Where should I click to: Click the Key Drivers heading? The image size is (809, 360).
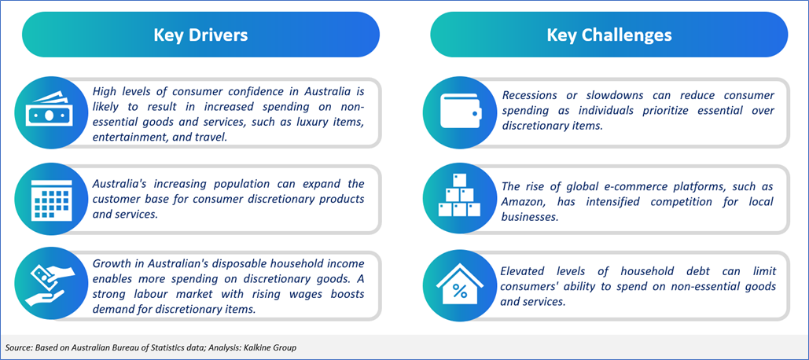[200, 35]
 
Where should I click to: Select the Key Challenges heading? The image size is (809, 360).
[609, 35]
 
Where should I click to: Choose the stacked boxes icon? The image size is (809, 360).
[459, 195]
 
